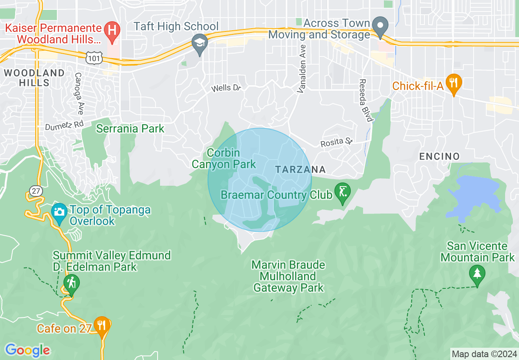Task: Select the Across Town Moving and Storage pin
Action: (x=381, y=27)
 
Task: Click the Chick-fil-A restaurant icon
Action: (x=454, y=83)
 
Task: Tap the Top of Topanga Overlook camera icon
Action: (x=59, y=213)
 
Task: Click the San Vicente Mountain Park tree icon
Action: (x=477, y=273)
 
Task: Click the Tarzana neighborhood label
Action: (x=300, y=169)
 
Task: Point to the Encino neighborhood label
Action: (x=439, y=156)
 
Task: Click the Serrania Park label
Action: (x=130, y=129)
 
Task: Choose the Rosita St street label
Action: (x=336, y=142)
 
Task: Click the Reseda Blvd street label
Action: (x=366, y=100)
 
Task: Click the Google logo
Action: (x=27, y=350)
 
